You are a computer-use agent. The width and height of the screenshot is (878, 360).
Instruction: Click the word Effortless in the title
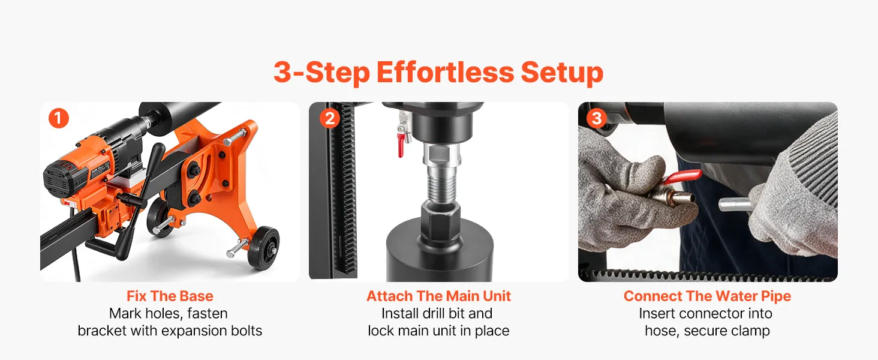445,72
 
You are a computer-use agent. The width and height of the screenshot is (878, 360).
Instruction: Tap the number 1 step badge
59,118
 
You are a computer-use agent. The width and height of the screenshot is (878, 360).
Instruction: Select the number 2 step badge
330,118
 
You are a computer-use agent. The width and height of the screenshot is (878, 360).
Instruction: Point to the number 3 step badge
597,118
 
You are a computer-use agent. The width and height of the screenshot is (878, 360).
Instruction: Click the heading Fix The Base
170,296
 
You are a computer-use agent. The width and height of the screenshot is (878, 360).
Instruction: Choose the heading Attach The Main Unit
438,296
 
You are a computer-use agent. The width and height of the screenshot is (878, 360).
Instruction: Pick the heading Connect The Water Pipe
707,296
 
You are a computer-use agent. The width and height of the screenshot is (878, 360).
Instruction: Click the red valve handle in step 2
401,145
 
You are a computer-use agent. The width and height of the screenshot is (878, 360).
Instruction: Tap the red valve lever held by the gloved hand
682,176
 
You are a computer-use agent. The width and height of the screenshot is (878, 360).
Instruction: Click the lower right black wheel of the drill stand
266,247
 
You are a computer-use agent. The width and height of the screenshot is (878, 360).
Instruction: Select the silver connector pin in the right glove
735,205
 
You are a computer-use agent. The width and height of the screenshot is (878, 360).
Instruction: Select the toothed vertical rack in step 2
346,188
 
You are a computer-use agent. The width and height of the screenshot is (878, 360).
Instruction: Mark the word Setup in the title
562,73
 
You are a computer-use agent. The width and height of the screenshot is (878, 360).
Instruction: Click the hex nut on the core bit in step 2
440,221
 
